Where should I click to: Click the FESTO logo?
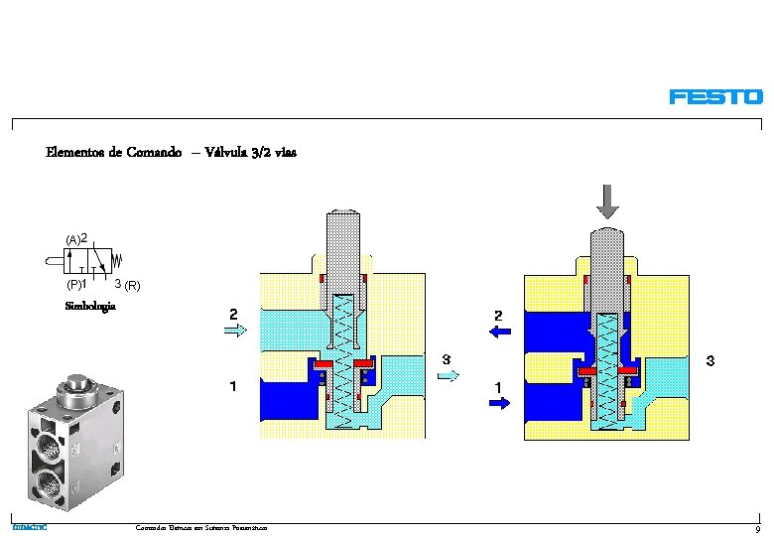pos(715,97)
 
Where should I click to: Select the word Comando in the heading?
pos(154,153)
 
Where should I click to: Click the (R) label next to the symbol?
pos(133,286)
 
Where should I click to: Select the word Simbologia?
pos(90,307)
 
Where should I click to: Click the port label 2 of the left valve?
pos(233,315)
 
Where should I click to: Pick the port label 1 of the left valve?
pos(233,386)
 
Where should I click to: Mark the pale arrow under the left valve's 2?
pos(236,333)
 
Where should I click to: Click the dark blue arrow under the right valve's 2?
pos(499,334)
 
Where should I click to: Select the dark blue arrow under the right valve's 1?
pos(499,403)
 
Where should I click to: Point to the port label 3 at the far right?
pos(710,362)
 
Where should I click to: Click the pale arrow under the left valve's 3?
pos(450,375)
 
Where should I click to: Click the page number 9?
pos(757,529)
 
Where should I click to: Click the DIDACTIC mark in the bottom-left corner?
pos(30,527)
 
